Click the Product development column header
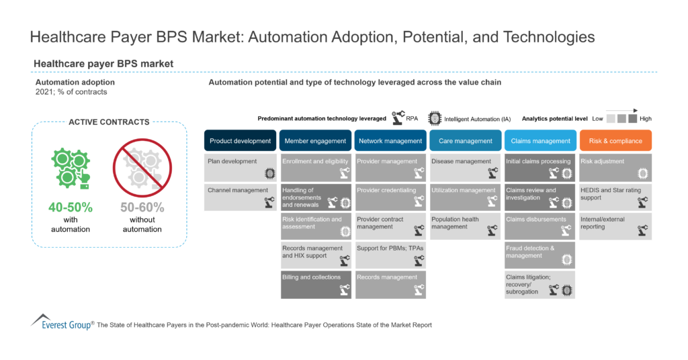[240, 141]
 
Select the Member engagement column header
[315, 141]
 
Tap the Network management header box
[390, 141]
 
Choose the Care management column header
[466, 141]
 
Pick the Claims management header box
[540, 141]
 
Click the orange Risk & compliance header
[615, 141]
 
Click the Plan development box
[240, 167]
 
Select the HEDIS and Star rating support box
[615, 197]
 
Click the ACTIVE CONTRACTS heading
[109, 122]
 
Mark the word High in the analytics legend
[646, 118]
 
